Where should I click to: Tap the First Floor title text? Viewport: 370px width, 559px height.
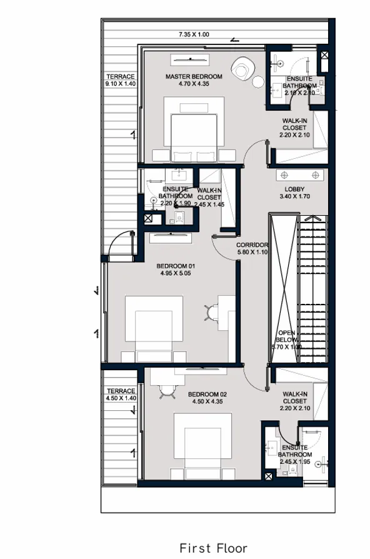coord(213,548)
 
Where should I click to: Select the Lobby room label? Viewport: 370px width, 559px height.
coord(294,189)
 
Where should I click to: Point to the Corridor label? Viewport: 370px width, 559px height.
coord(252,244)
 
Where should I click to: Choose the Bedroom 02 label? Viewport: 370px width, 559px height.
coord(207,394)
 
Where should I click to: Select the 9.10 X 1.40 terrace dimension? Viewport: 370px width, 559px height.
coord(120,83)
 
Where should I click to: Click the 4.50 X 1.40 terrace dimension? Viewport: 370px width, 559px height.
coord(121,398)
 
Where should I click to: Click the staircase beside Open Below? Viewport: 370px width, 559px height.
coord(314,288)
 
